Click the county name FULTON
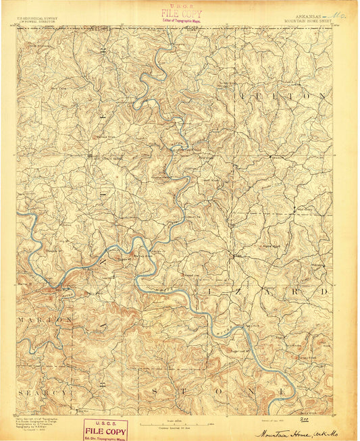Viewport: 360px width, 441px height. coord(283,97)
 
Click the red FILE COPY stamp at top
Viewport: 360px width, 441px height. coord(181,13)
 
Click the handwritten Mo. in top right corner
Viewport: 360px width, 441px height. coord(344,12)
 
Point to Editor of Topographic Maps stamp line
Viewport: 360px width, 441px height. coord(181,21)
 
